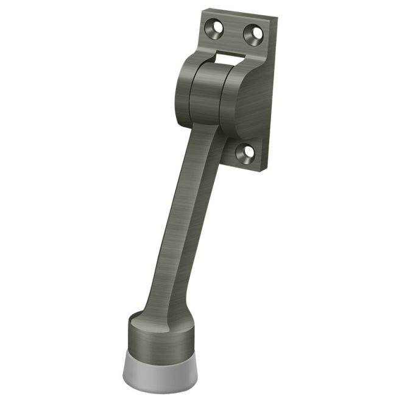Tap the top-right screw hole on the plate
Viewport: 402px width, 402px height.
click(253, 33)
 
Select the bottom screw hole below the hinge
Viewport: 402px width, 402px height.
click(245, 153)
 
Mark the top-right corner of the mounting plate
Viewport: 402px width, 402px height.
click(277, 19)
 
